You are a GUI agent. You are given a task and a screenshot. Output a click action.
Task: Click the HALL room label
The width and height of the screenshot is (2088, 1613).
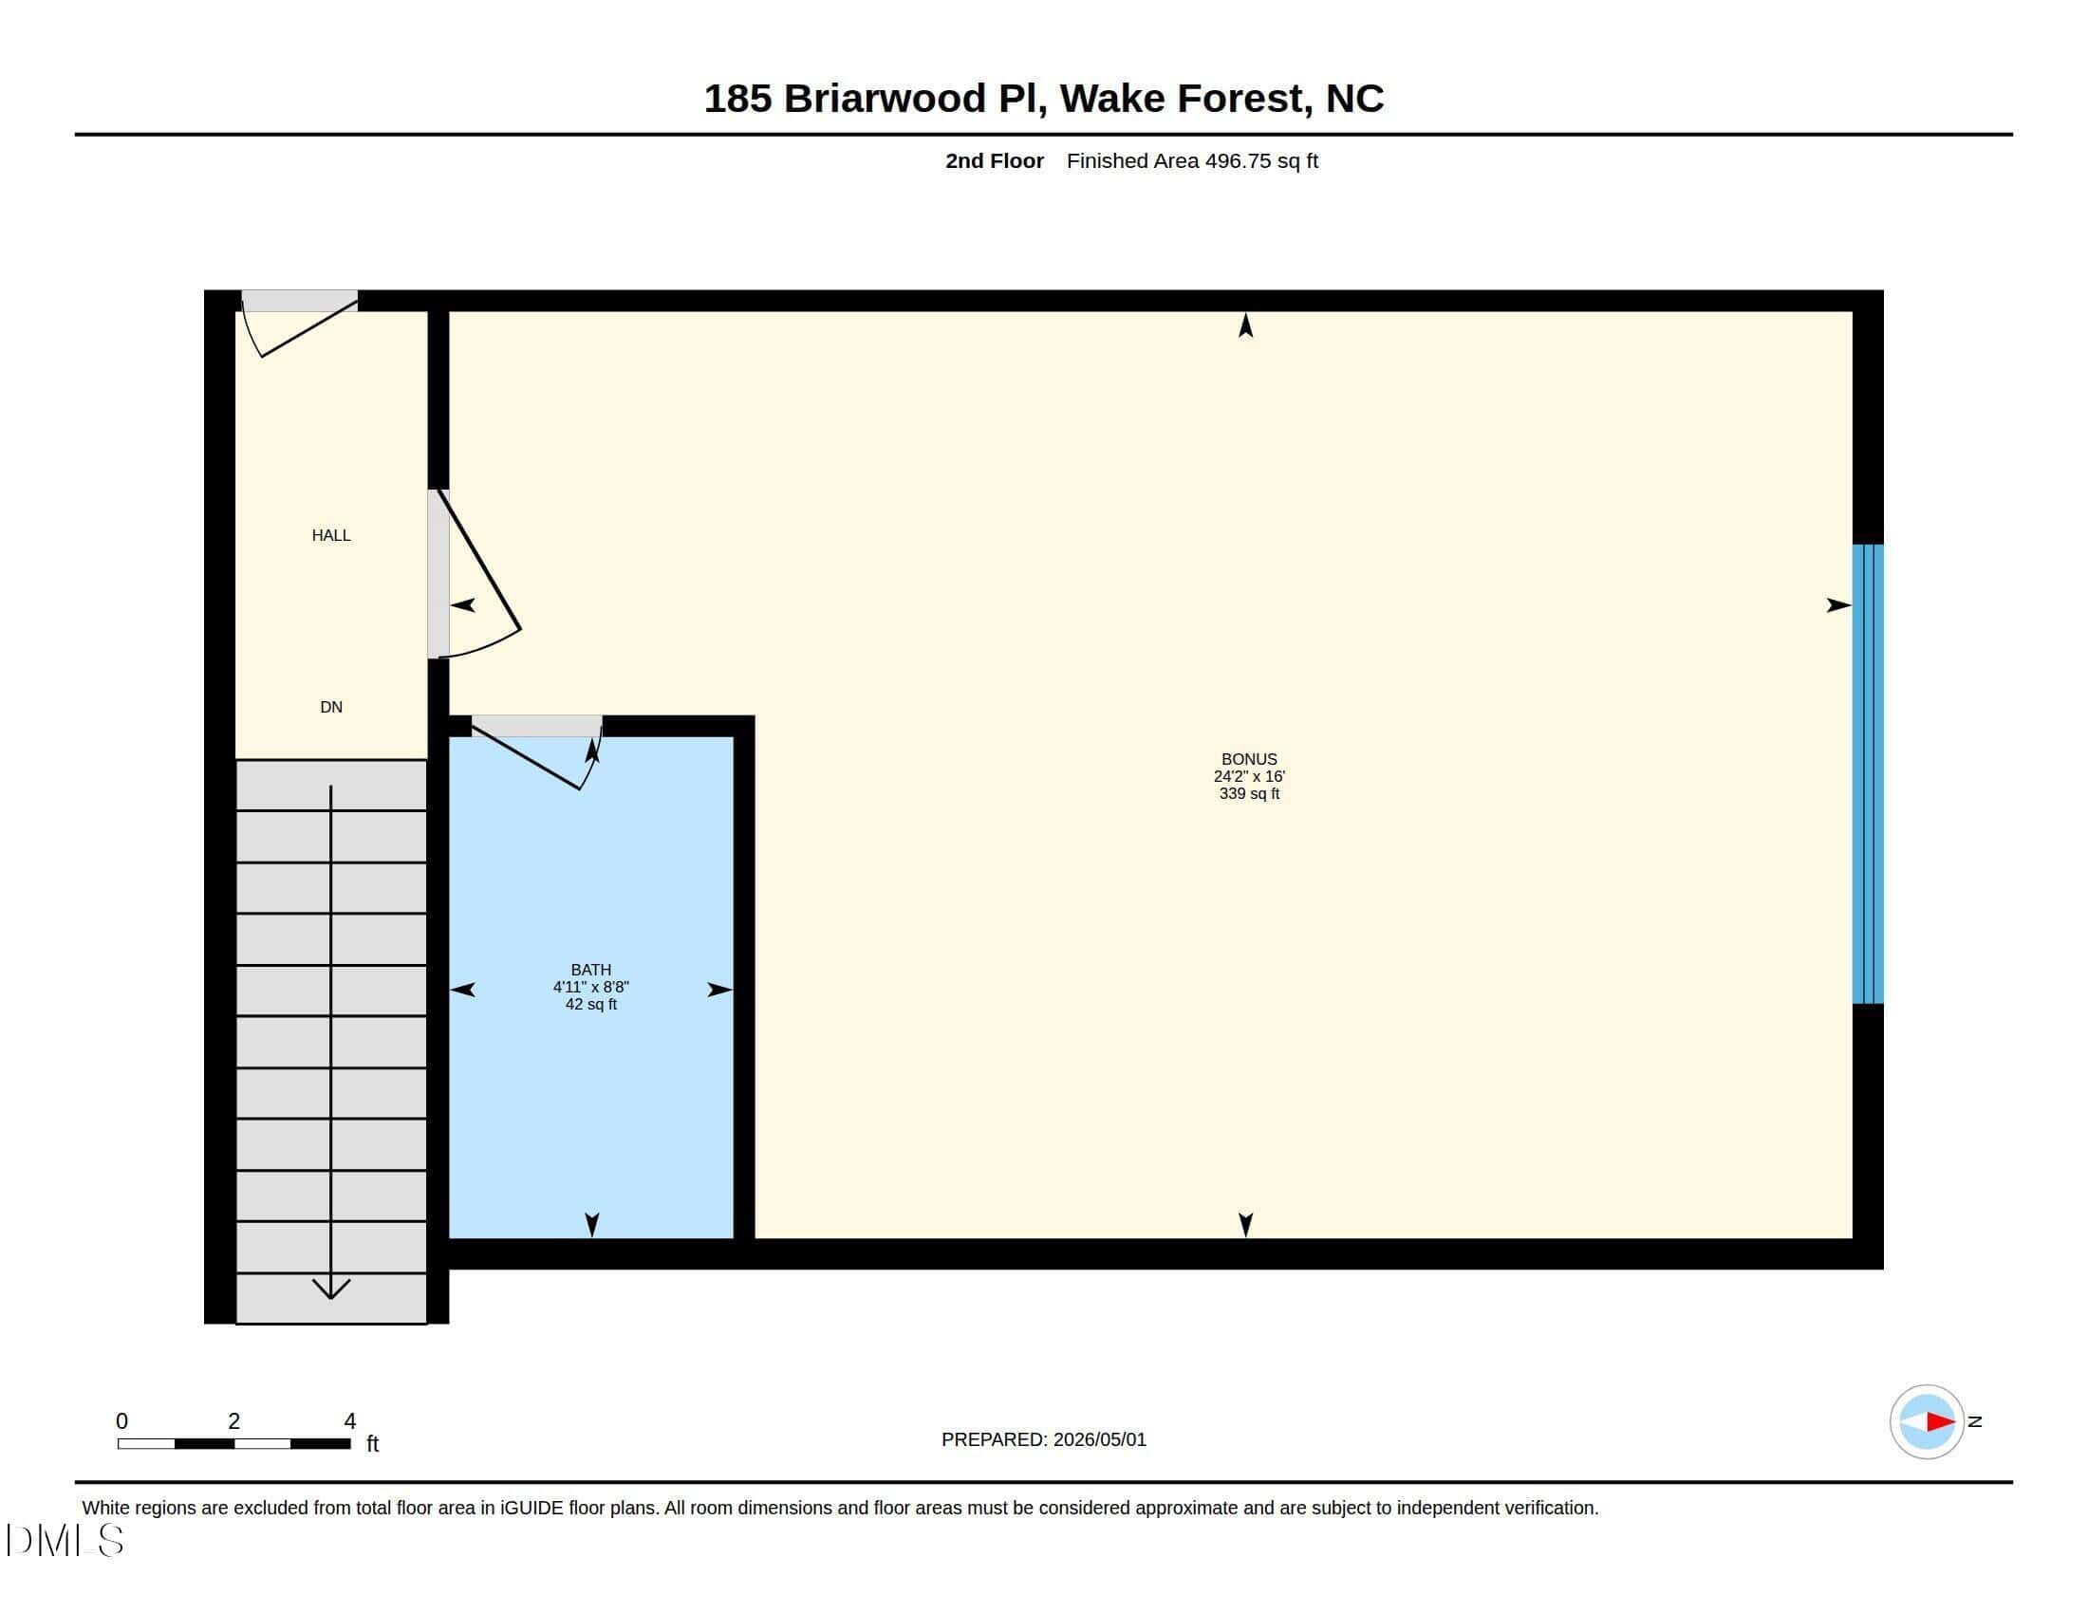(x=331, y=535)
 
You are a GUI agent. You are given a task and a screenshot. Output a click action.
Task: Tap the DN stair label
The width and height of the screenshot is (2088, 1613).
(x=331, y=707)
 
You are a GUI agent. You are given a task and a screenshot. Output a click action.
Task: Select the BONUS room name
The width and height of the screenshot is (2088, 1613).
(x=1249, y=759)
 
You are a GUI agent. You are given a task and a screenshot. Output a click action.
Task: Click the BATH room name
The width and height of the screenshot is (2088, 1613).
(x=591, y=970)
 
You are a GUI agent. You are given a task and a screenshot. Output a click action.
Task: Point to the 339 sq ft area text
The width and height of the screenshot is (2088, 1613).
(x=1249, y=793)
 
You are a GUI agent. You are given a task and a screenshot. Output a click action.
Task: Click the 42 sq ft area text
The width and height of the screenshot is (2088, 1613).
(x=591, y=1004)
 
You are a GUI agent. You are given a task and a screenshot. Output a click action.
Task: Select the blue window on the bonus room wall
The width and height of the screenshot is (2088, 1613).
(x=1868, y=774)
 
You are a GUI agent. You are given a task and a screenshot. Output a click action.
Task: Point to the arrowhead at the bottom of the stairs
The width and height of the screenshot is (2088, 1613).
(x=331, y=1289)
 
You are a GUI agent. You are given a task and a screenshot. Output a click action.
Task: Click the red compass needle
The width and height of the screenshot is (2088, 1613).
(x=1940, y=1422)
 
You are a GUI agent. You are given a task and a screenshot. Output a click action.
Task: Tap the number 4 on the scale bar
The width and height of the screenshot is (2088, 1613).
(x=350, y=1421)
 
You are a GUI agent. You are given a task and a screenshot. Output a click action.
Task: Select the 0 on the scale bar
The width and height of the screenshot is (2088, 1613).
(x=121, y=1421)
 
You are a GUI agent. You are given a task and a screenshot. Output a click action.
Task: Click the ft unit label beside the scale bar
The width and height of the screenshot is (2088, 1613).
(x=373, y=1443)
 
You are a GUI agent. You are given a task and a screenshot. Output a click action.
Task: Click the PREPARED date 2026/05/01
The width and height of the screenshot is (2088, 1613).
(x=1099, y=1439)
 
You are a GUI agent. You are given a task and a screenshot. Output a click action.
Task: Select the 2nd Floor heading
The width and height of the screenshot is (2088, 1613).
(x=995, y=160)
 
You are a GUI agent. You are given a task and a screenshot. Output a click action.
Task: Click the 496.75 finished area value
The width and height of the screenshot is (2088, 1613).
(x=1238, y=160)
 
